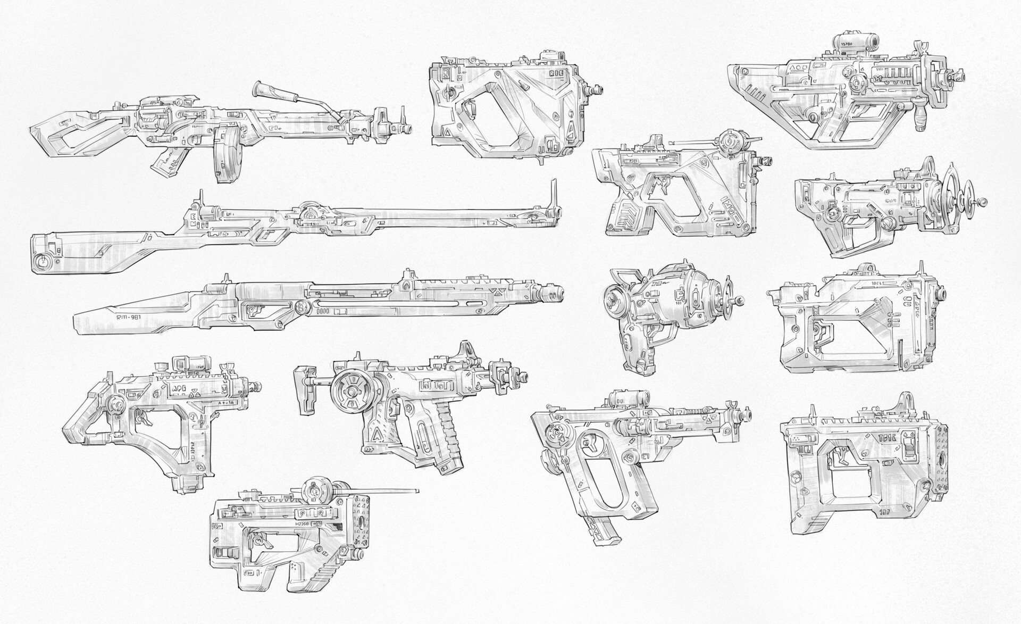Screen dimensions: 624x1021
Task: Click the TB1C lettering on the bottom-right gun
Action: tap(888, 438)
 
